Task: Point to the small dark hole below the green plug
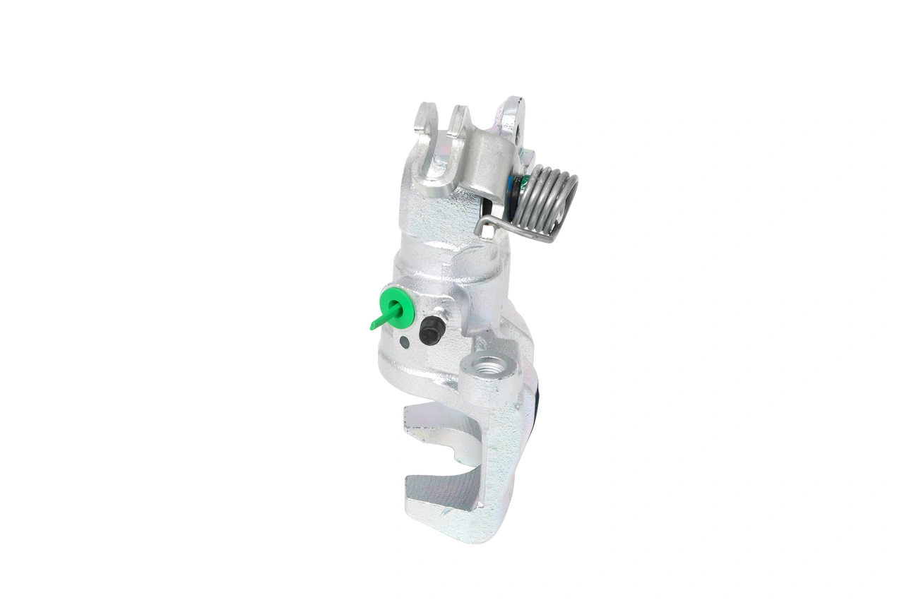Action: tap(403, 343)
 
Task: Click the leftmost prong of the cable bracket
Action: tap(425, 118)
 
